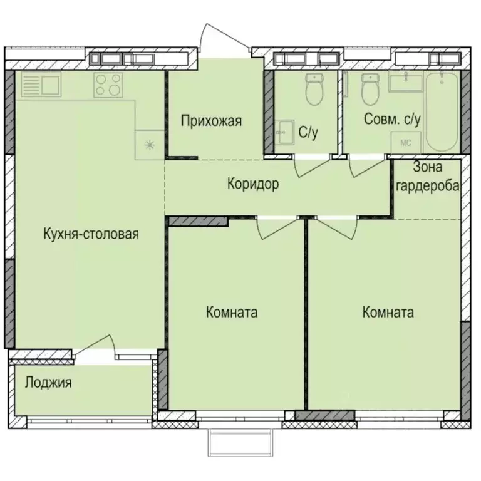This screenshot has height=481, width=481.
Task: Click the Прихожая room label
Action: [211, 121]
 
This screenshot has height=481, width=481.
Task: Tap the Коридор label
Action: [252, 184]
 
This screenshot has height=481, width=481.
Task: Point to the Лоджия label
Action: [48, 382]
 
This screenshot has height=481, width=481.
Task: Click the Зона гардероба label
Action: [428, 177]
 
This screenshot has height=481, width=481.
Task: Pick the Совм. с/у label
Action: [392, 119]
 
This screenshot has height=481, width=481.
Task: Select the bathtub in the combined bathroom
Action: [442, 111]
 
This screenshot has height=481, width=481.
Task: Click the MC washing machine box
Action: [406, 143]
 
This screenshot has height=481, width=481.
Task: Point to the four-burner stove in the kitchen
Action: [108, 85]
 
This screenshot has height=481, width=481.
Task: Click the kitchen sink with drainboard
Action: [41, 85]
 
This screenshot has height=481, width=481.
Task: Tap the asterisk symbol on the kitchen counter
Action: [150, 145]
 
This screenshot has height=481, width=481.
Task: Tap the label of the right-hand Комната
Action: [388, 313]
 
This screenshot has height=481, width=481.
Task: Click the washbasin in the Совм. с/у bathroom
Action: [405, 81]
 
